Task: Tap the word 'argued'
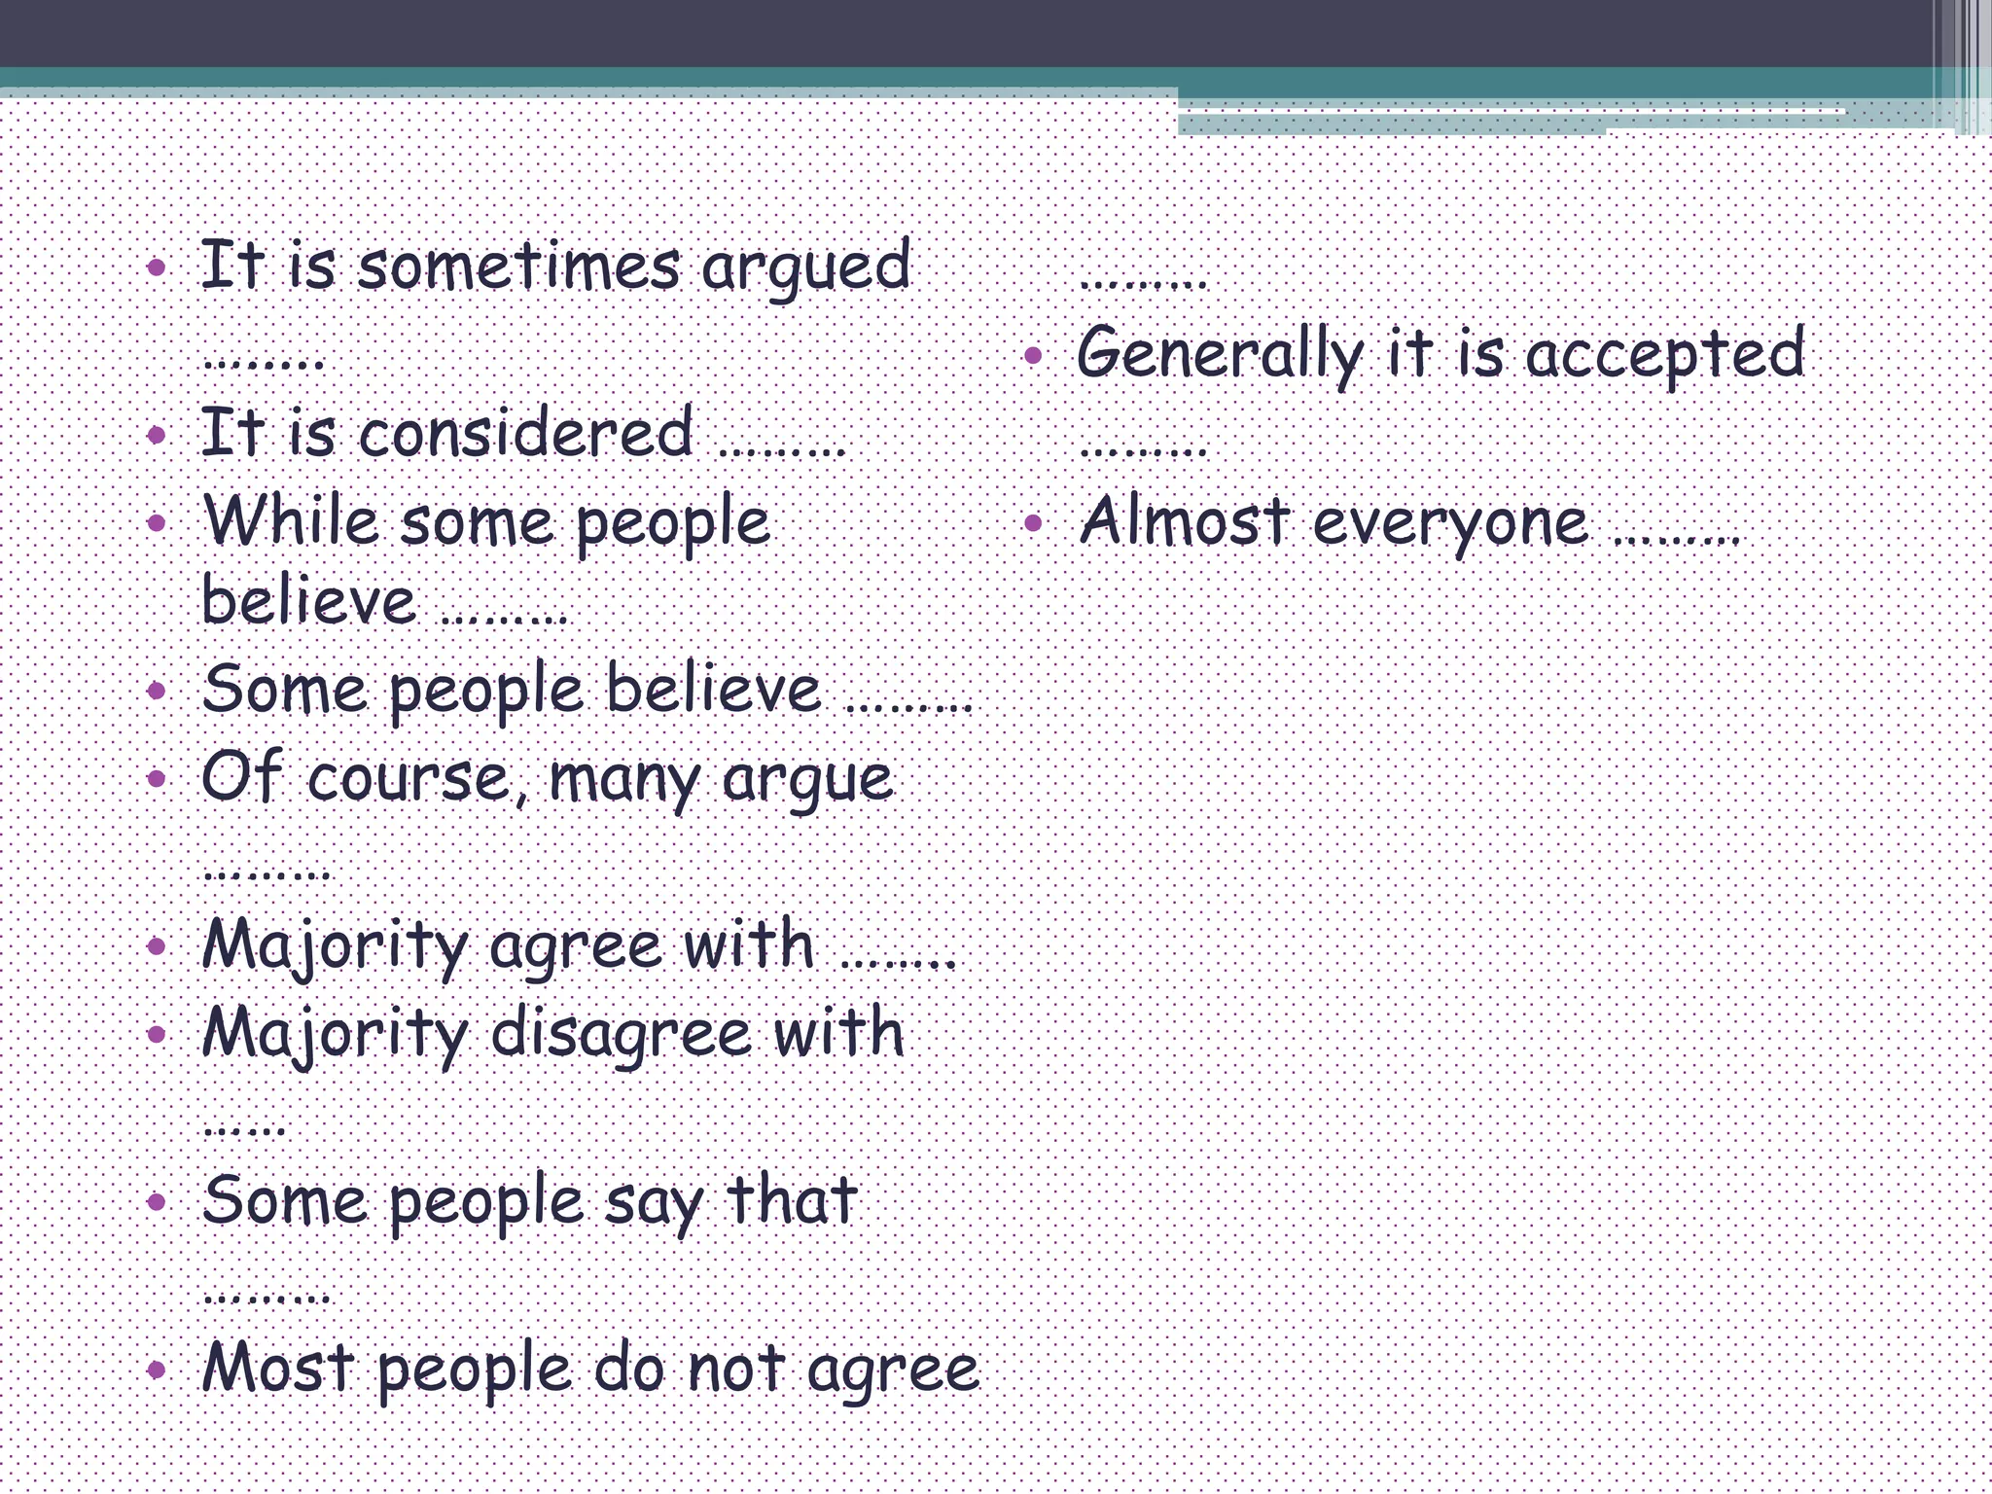tap(806, 267)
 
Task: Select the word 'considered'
tap(526, 433)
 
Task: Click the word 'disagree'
tap(621, 1033)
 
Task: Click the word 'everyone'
tap(1450, 523)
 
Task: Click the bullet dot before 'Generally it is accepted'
tap(1033, 356)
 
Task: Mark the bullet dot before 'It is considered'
tap(157, 434)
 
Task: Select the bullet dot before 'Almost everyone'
tap(1033, 524)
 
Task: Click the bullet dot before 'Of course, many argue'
tap(157, 778)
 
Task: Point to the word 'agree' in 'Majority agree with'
tap(576, 946)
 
